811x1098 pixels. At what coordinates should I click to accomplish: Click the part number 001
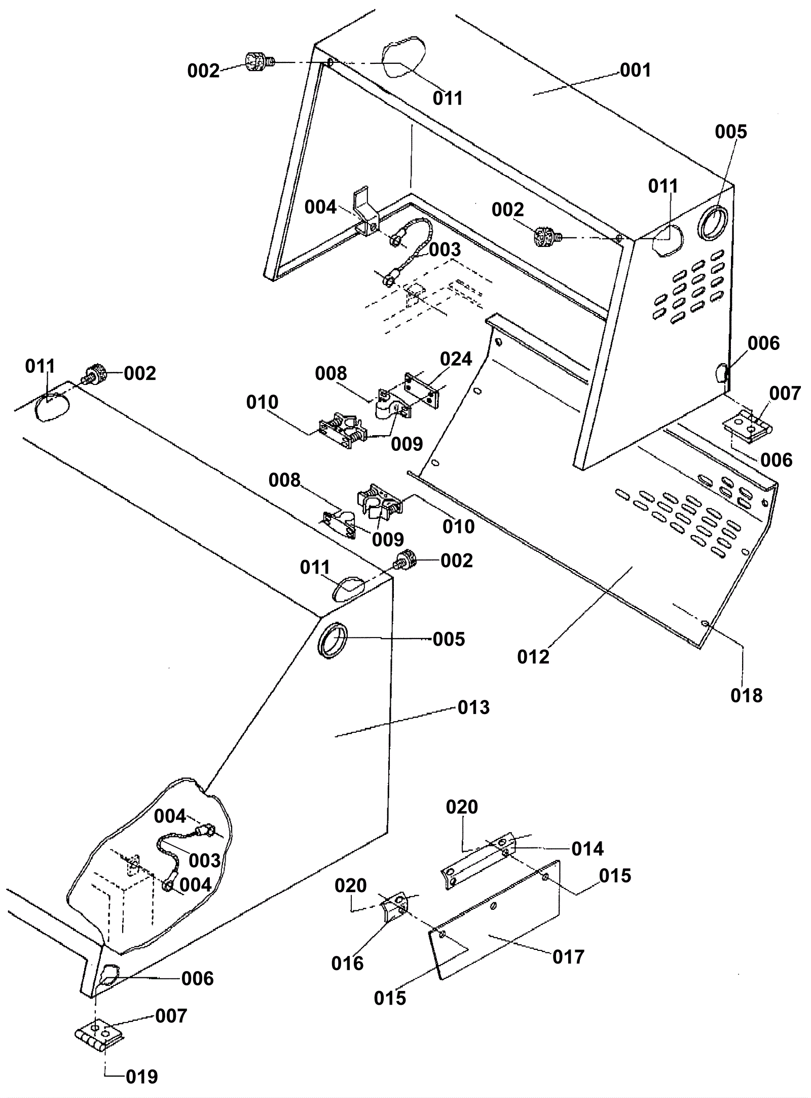point(635,70)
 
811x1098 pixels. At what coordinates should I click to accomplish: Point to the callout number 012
point(533,657)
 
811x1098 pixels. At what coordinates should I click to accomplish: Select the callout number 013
point(473,707)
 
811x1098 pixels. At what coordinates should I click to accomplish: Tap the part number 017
point(569,957)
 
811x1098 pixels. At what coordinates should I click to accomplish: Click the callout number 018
point(746,695)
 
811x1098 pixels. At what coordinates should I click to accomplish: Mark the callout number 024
point(456,359)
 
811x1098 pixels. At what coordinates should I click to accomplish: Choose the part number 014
point(587,848)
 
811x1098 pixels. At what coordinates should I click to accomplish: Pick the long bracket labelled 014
point(478,862)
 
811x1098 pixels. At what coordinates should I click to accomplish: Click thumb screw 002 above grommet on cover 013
point(407,560)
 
